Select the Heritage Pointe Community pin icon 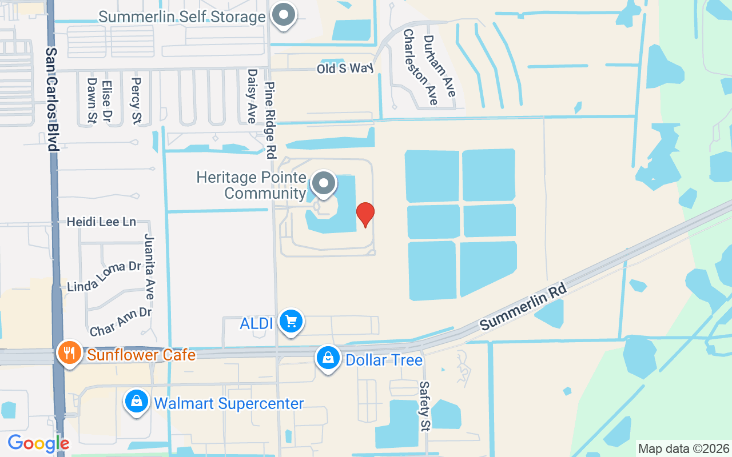[324, 184]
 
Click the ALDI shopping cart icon [291, 322]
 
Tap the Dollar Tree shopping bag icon [328, 359]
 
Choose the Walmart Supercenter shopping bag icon [137, 402]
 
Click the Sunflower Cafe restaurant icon [70, 353]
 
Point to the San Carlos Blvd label [53, 99]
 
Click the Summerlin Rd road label [523, 307]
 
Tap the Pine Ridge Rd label [270, 120]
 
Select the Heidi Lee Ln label [101, 222]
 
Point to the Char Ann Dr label [121, 322]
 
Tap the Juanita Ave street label [150, 266]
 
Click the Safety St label [424, 406]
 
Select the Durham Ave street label [439, 66]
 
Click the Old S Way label [345, 69]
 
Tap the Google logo [38, 443]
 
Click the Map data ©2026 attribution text [684, 449]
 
